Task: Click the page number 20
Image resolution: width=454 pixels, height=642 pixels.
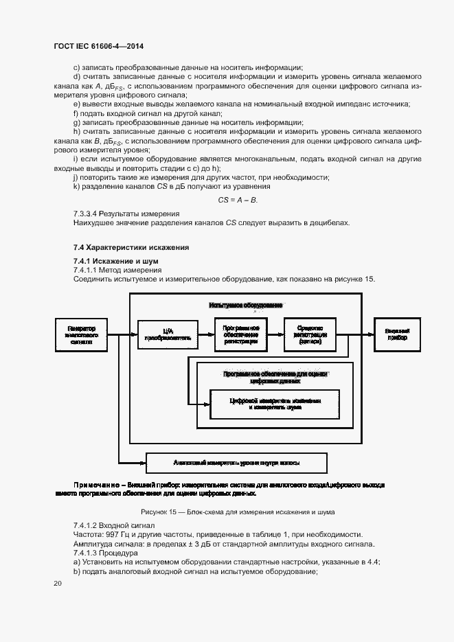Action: pos(57,583)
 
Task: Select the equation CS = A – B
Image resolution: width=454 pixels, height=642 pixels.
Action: pos(237,200)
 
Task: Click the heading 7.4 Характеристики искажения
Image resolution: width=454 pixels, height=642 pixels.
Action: pos(130,247)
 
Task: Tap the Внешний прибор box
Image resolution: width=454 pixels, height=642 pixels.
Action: pos(396,333)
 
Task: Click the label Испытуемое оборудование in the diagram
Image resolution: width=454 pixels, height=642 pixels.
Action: pos(245,304)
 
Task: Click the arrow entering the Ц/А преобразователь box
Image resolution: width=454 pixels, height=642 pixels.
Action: pos(130,334)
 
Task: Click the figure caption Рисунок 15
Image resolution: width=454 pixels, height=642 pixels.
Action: pos(157,512)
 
